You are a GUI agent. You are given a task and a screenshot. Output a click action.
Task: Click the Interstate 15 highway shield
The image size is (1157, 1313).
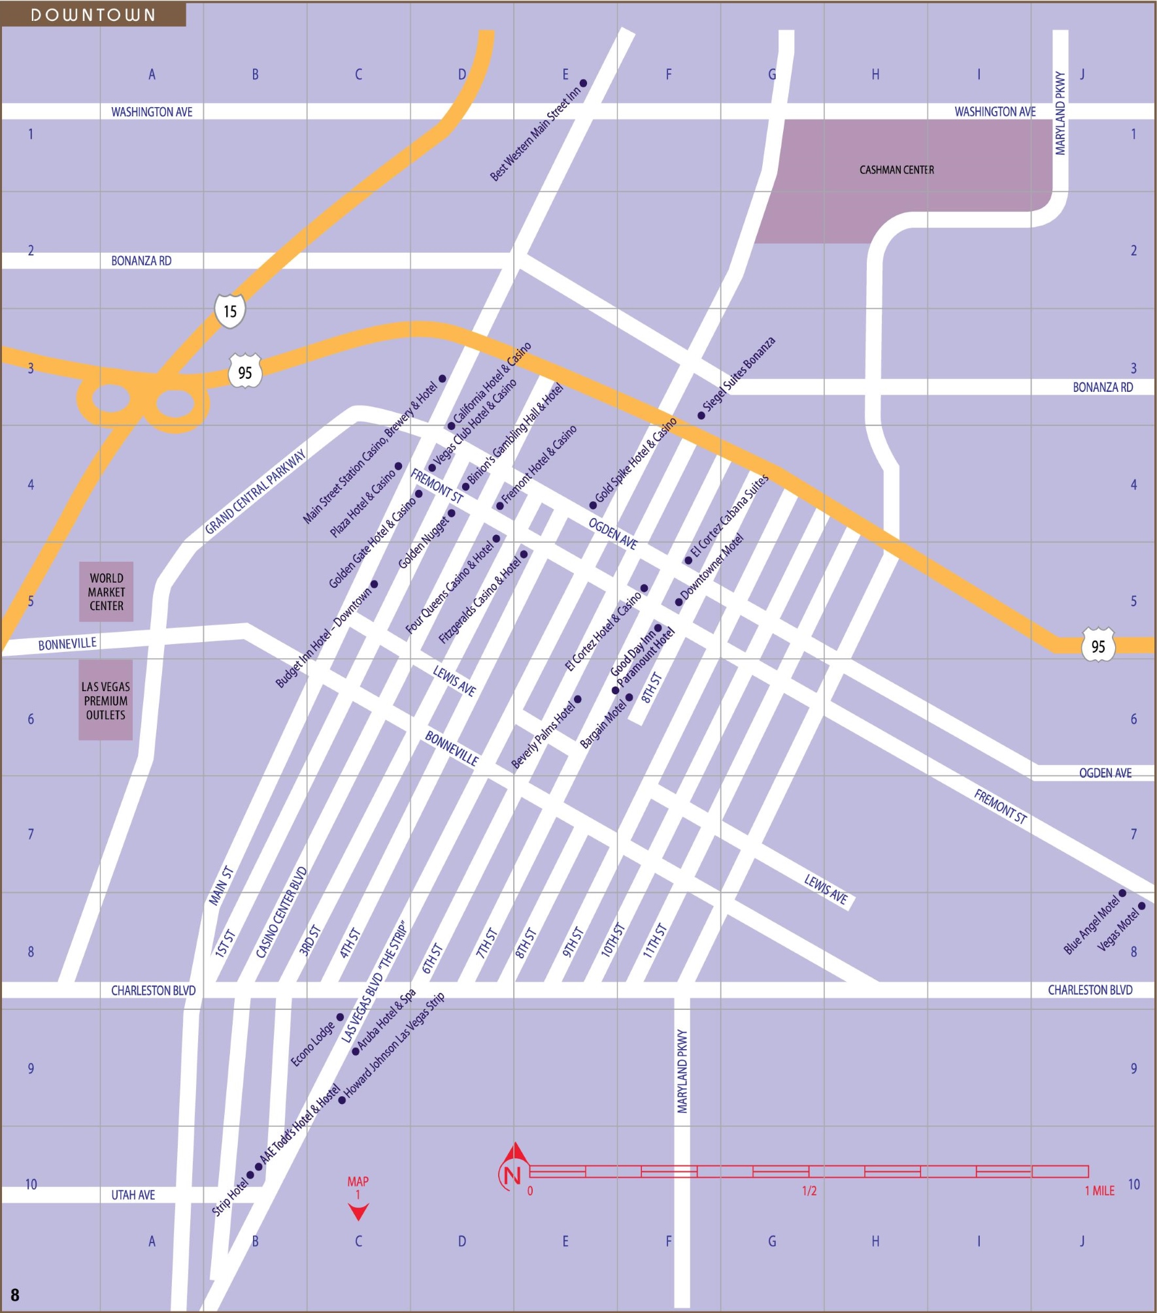pos(230,311)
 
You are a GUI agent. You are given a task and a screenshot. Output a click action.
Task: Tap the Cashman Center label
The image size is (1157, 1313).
pos(896,170)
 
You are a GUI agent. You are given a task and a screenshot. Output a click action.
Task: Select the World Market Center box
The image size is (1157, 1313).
pos(107,592)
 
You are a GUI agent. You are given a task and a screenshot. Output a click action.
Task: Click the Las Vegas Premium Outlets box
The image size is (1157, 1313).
pos(106,700)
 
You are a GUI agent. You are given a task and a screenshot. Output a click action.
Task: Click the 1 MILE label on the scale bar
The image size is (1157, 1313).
pos(1099,1191)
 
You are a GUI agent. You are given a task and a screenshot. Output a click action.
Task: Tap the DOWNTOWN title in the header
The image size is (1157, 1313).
pos(93,15)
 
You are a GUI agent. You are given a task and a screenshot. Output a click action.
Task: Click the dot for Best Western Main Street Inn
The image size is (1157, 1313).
pos(583,83)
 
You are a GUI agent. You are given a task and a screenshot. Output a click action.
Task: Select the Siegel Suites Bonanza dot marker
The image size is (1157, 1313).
pos(701,415)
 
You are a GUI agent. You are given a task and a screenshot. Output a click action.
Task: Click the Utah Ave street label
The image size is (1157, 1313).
pos(133,1195)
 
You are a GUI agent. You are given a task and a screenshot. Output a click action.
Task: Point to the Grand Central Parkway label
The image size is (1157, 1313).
pos(256,491)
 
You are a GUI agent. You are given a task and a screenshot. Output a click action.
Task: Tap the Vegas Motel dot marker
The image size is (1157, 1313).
pos(1142,906)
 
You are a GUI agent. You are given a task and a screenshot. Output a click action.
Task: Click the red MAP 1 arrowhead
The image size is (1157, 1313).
pos(358,1212)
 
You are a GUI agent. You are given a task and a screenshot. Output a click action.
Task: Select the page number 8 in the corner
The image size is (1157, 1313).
pos(15,1295)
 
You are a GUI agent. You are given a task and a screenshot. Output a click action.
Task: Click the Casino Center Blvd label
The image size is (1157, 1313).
pos(281,913)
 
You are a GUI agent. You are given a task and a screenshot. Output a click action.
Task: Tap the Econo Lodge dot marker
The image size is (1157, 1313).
pos(340,1017)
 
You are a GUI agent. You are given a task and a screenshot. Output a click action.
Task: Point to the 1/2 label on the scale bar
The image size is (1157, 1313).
pos(809,1191)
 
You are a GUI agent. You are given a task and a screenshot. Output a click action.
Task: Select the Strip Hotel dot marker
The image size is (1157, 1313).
pos(250,1175)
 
